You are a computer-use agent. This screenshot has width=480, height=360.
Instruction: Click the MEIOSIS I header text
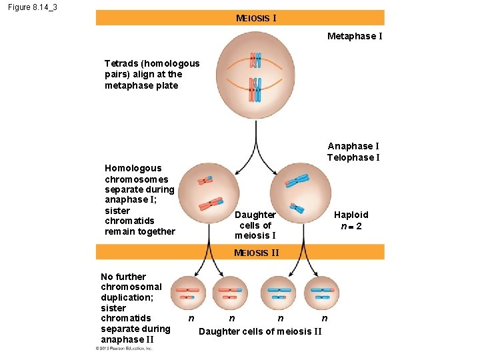point(256,18)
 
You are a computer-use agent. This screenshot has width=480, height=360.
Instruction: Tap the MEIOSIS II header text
point(257,253)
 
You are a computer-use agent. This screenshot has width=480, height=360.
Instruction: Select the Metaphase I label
point(355,36)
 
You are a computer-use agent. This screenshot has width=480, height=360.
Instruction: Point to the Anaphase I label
point(353,146)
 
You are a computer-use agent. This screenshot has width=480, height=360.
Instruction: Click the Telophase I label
point(353,157)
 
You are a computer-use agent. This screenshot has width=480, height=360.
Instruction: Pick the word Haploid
point(351,215)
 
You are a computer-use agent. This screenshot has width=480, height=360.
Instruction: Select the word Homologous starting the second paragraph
point(133,168)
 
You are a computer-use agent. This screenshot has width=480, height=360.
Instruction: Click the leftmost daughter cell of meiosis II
point(189,295)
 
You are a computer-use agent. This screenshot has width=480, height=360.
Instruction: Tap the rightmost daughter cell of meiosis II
point(321,295)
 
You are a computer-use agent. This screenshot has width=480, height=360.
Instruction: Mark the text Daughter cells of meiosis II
point(261,332)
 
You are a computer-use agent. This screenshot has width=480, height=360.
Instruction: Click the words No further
point(123,277)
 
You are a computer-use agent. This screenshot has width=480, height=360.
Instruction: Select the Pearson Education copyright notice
point(124,348)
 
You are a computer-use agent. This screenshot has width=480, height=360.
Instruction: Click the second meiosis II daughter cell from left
point(230,295)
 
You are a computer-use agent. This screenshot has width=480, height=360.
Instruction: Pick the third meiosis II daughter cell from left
point(279,295)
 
